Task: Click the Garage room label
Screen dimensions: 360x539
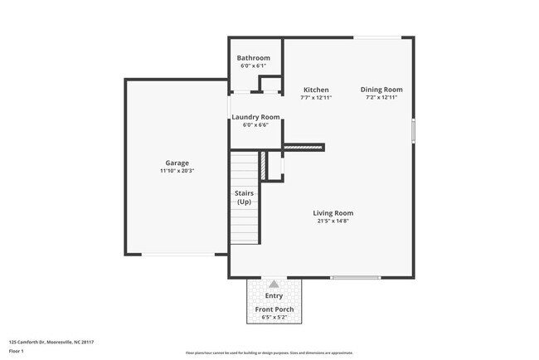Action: coord(177,163)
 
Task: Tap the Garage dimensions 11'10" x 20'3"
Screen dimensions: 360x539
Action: coord(177,171)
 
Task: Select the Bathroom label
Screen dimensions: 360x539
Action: coord(254,58)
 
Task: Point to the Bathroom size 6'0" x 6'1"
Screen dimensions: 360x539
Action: coord(254,66)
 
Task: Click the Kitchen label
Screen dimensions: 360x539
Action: coord(316,90)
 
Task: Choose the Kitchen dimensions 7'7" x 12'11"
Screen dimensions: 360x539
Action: coord(316,98)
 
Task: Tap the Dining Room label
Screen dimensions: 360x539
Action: coord(381,90)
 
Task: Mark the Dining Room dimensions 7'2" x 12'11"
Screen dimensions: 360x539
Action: coord(381,98)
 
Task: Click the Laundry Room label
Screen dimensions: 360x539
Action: coord(255,117)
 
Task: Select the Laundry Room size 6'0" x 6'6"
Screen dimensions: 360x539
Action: coord(255,125)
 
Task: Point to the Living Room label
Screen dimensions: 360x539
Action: coord(333,212)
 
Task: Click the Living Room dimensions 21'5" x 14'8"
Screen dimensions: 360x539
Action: coord(333,221)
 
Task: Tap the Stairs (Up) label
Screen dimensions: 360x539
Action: coord(245,197)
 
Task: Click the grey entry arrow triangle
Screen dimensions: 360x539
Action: coord(274,284)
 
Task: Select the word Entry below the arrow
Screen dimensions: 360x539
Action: coord(274,296)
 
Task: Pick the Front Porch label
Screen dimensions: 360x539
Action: coord(274,309)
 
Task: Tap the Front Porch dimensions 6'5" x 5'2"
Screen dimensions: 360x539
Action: coord(274,317)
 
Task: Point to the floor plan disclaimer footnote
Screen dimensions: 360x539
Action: coord(269,353)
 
